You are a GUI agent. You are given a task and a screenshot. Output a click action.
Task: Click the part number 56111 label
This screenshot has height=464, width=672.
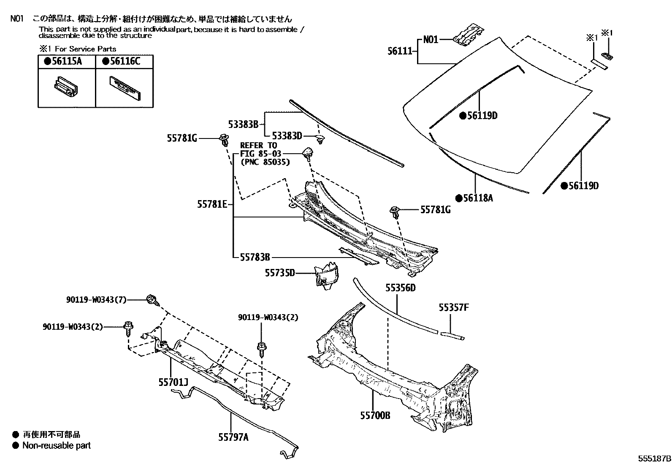click(x=399, y=52)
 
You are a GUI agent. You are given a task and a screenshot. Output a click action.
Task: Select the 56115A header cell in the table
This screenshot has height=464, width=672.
click(x=66, y=62)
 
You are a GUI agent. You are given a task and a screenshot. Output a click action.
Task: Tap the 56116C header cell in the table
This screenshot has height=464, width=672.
click(x=125, y=62)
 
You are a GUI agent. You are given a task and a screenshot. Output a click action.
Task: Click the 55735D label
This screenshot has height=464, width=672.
click(x=280, y=273)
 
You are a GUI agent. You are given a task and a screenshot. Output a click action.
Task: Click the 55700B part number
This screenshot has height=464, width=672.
click(x=375, y=416)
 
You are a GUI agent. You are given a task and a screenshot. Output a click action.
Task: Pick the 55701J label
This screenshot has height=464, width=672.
click(x=173, y=383)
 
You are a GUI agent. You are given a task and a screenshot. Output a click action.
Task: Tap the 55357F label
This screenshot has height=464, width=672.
click(x=453, y=308)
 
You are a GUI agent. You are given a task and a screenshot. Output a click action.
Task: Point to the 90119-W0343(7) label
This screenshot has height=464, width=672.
click(x=96, y=300)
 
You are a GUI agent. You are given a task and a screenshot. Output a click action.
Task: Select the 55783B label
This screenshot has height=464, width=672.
click(x=255, y=257)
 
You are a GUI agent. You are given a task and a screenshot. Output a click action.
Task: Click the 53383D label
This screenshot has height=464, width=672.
click(x=287, y=136)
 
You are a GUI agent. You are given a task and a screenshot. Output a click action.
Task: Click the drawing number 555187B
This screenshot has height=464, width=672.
click(x=654, y=459)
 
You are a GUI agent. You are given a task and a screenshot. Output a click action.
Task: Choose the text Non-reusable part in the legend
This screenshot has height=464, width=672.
click(x=56, y=445)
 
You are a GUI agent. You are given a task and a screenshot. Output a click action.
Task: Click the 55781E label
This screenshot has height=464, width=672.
click(x=212, y=204)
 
